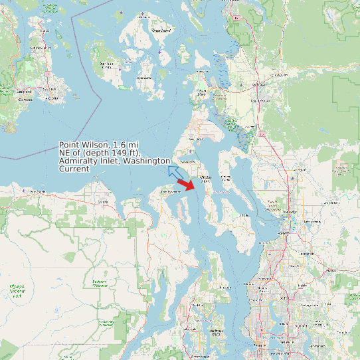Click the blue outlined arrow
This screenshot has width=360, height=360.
pos(176,173)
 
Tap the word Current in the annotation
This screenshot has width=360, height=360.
pos(74,169)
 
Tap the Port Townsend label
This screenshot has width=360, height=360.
pos(171,192)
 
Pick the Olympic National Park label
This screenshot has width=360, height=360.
pos(17,290)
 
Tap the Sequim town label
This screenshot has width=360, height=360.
pos(102,201)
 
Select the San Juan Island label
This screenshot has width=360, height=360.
pos(106,65)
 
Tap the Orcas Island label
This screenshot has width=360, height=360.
pos(161,31)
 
